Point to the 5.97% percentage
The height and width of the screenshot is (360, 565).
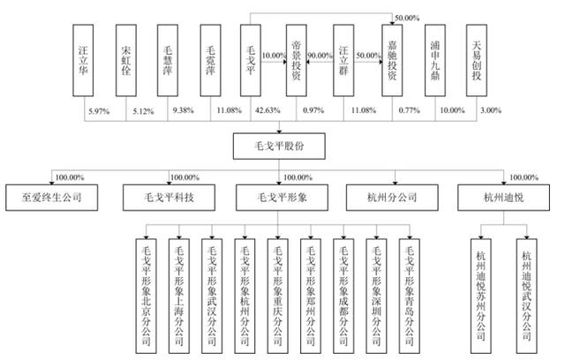(97, 109)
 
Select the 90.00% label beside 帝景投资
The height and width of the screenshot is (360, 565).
(320, 56)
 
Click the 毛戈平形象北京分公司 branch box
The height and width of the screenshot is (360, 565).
(147, 288)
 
